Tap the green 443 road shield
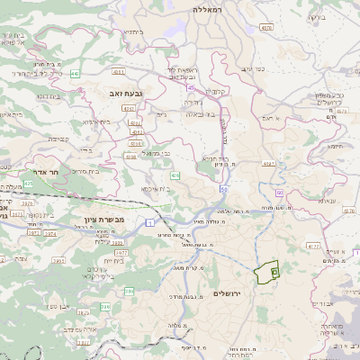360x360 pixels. click(x=74, y=74)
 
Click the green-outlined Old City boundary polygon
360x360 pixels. click(x=267, y=273)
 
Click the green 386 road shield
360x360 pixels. click(x=105, y=307)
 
